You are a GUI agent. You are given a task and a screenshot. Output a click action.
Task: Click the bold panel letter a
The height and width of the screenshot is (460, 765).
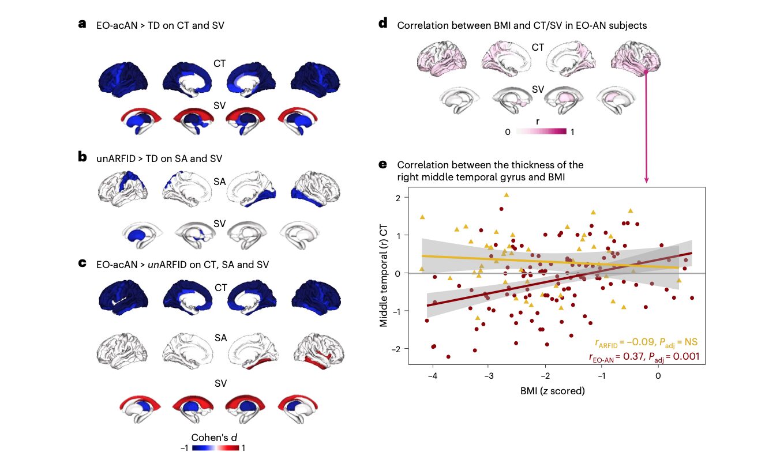[x=82, y=24]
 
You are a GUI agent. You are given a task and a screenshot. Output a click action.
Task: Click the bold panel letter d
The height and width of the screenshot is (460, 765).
[x=382, y=24]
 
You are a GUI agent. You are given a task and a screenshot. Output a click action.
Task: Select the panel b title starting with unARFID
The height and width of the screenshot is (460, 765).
[x=159, y=158]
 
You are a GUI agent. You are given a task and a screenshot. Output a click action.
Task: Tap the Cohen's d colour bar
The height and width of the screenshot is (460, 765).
[x=216, y=447]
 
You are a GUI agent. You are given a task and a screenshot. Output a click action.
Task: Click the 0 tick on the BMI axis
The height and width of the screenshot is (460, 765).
[x=658, y=374]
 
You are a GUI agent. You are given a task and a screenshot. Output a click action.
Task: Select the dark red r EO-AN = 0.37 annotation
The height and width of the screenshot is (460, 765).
[x=644, y=357]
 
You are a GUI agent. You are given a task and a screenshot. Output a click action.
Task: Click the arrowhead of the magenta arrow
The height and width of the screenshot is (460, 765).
[x=646, y=182]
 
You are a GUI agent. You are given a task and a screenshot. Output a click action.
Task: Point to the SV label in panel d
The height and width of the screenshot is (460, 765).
[x=538, y=90]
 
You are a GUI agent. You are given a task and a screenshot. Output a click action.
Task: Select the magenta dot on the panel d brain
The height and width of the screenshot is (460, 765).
[x=646, y=73]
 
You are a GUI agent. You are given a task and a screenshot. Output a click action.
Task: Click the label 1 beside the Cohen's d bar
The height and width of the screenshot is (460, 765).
[x=243, y=447]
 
